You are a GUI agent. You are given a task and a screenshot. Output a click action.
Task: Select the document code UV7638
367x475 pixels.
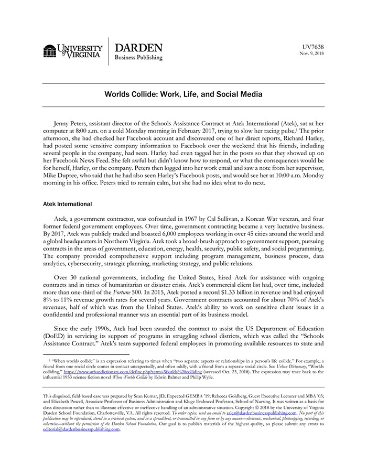tap(314, 47)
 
